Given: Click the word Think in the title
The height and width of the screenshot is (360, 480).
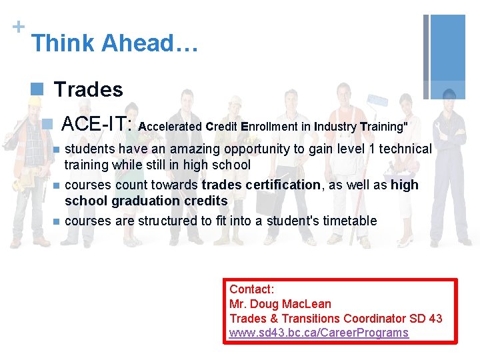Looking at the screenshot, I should pyautogui.click(x=63, y=43).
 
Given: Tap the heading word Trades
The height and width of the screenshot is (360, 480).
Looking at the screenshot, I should pyautogui.click(x=88, y=89).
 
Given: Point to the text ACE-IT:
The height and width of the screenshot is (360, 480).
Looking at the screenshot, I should pyautogui.click(x=98, y=123).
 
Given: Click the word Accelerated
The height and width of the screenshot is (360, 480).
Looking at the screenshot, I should pyautogui.click(x=170, y=126).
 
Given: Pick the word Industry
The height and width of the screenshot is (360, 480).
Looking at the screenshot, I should pyautogui.click(x=335, y=126).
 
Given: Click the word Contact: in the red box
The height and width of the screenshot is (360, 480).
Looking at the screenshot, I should pyautogui.click(x=251, y=289).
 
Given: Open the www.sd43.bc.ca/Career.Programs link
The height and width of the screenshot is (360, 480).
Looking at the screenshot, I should pyautogui.click(x=319, y=333).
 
